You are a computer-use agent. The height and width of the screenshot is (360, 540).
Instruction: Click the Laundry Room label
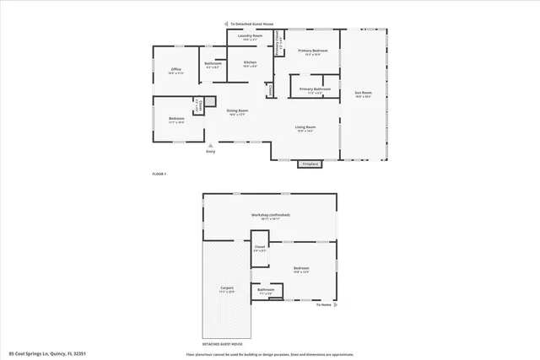coord(250,36)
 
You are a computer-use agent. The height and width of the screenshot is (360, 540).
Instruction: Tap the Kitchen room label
coord(250,63)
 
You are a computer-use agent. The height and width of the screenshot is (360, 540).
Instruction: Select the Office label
coord(175,70)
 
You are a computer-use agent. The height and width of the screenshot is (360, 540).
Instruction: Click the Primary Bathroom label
coord(315,89)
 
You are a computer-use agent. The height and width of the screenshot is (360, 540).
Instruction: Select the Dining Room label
coord(236,111)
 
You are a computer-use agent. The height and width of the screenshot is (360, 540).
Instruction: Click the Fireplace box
coord(310,164)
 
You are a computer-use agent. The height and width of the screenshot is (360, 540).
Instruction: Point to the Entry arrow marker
coord(211,145)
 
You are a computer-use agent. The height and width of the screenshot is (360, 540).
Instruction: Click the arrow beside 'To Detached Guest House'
coord(225,24)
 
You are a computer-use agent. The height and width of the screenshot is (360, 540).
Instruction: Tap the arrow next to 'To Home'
coord(336,304)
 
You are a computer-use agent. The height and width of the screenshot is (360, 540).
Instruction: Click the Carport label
coord(227,288)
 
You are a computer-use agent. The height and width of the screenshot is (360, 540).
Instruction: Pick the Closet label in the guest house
coord(260,249)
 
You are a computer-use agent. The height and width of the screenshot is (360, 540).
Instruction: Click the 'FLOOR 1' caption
coord(159,174)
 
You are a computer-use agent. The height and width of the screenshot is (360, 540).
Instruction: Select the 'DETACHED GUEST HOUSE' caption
coord(223,344)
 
